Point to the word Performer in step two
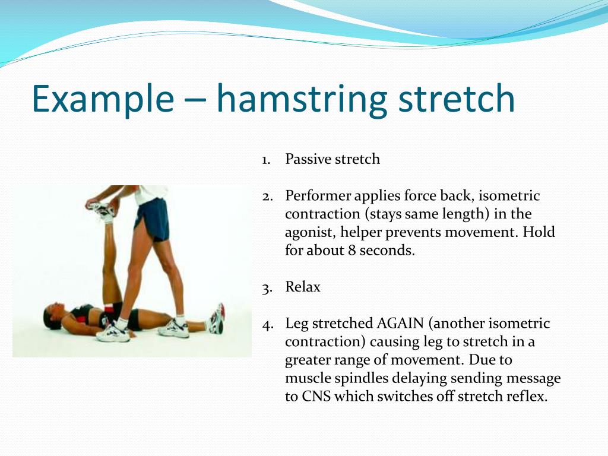(318, 196)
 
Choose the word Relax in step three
(303, 287)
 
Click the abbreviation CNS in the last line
(315, 397)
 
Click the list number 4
(267, 324)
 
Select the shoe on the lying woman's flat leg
(217, 319)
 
